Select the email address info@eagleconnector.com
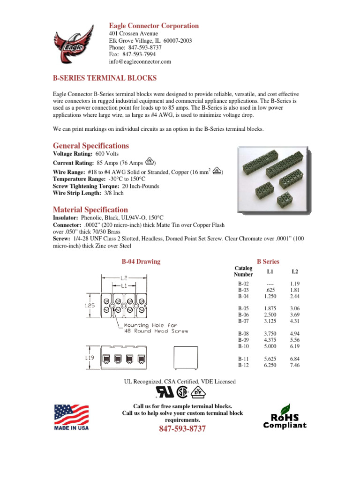[x=140, y=61]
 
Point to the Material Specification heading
[x=90, y=210]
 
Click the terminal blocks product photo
[x=272, y=176]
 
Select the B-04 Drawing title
[x=141, y=262]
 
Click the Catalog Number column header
[x=243, y=271]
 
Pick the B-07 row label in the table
[x=244, y=321]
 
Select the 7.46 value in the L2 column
[x=294, y=365]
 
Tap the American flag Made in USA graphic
[x=72, y=417]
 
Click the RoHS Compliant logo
[x=285, y=417]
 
